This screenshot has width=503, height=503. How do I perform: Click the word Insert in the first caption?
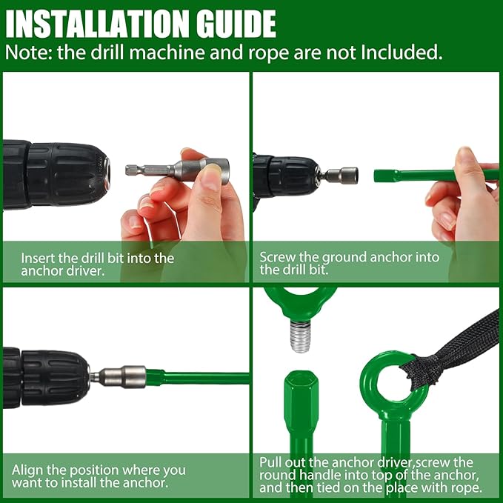(38, 259)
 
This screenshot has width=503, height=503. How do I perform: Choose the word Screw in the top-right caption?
(276, 257)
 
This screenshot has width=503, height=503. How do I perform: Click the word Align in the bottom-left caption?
(27, 470)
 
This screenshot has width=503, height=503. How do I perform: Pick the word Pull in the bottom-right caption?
(271, 461)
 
